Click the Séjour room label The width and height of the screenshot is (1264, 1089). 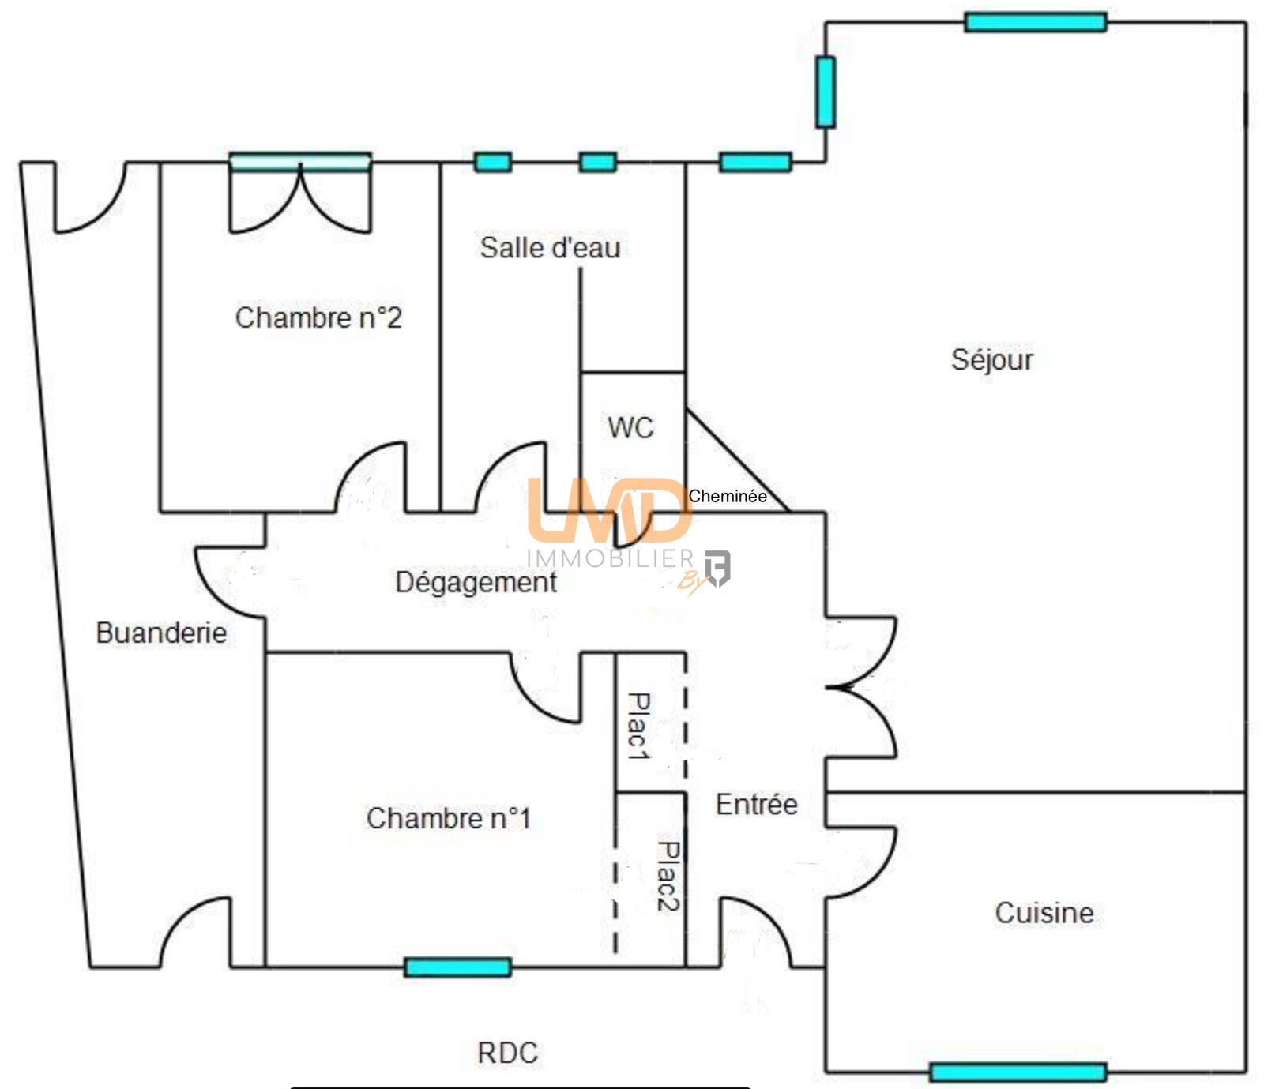point(991,360)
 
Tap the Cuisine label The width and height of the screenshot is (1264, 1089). point(1044,913)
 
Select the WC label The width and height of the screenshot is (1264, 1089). point(630,428)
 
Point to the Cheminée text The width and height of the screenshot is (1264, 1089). point(727,496)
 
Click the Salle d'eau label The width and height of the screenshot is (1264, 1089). point(550,248)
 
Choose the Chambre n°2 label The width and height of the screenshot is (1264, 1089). point(318,317)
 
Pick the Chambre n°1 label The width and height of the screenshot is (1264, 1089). point(448,818)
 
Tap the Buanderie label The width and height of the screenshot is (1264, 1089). point(161,633)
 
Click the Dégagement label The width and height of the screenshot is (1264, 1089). point(476,582)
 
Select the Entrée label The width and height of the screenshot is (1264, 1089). point(756,805)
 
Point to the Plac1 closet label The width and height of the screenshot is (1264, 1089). point(638,727)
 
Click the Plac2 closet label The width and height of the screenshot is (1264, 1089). point(668,876)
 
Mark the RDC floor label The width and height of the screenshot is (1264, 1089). point(507,1053)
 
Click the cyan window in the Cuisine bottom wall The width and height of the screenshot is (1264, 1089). point(1018,1072)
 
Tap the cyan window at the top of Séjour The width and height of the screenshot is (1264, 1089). point(1035,22)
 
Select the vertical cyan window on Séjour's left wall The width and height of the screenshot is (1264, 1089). point(826,92)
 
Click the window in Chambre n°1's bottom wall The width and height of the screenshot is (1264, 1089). point(457,967)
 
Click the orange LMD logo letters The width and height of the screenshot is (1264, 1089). point(608,509)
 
